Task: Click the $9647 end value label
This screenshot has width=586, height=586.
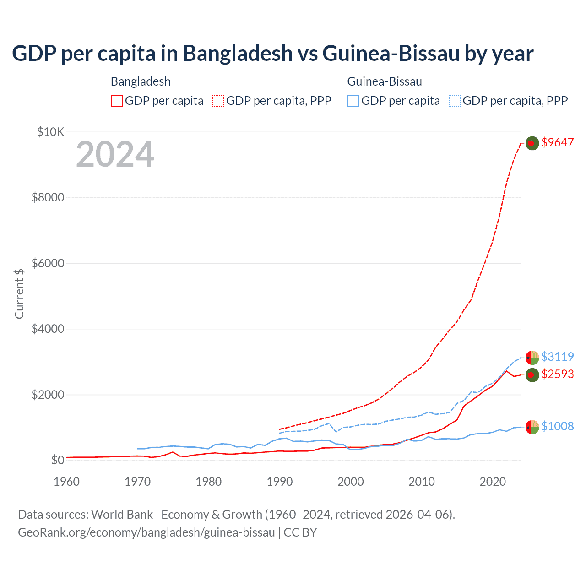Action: coord(557,142)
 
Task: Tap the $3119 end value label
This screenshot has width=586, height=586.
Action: coord(557,356)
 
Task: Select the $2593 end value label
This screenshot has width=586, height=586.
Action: coord(557,374)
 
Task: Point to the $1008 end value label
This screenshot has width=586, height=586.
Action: coord(557,426)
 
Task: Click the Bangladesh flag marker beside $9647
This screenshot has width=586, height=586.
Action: coord(532,143)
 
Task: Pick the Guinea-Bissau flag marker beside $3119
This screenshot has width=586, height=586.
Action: coord(532,357)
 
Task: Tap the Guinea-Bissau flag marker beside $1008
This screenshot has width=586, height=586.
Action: coord(532,427)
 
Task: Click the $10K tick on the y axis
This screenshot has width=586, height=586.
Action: coord(50,132)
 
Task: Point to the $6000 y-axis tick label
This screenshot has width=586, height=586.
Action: coord(48,263)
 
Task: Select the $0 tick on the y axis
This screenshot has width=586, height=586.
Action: coord(58,460)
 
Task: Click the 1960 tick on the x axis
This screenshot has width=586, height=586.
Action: coord(66,482)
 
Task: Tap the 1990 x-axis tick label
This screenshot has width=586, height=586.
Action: coord(279,482)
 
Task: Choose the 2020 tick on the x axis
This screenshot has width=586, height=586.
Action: coord(493,482)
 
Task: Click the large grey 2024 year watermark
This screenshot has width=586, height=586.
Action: coord(115,154)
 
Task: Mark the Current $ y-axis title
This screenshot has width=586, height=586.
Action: coord(19,293)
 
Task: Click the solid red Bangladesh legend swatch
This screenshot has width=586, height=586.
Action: coord(117,101)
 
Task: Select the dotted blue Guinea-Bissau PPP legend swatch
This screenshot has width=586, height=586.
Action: coord(454,101)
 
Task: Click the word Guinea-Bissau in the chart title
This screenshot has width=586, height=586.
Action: coord(391,53)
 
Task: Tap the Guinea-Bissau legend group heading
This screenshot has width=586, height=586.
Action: coord(385,81)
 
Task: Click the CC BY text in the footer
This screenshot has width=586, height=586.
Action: coord(300,532)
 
